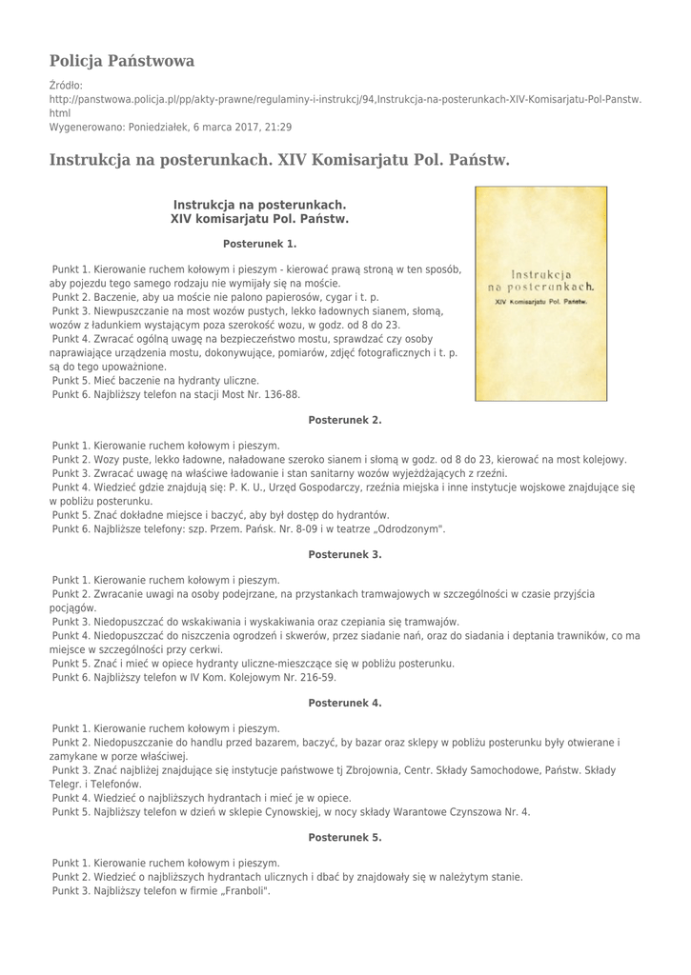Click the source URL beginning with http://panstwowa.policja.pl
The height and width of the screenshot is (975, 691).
click(345, 98)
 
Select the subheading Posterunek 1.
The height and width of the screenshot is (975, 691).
click(259, 243)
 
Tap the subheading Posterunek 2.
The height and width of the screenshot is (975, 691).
click(345, 419)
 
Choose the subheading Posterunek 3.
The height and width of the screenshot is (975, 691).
click(345, 553)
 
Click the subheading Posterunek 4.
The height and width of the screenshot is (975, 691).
click(345, 702)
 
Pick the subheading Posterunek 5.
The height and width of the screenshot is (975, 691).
click(345, 837)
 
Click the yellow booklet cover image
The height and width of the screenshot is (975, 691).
click(540, 293)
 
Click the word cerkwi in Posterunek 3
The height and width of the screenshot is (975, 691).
click(222, 649)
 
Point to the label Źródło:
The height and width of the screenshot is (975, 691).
click(66, 85)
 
